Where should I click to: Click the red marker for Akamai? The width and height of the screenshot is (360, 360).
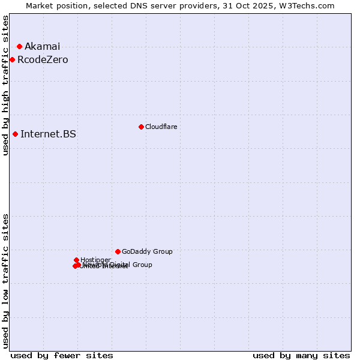(x=19, y=46)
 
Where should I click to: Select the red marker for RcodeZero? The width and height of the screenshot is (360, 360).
(x=12, y=59)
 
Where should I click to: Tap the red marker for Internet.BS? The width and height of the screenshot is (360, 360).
(x=15, y=134)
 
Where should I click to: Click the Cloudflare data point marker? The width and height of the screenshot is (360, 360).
(x=141, y=127)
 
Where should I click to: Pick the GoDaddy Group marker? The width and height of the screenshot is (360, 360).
(x=118, y=251)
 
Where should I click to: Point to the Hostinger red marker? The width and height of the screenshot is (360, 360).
(x=77, y=260)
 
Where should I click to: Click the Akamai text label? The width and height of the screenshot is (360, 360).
(x=42, y=46)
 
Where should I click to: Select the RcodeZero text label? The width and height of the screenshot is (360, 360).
(x=43, y=59)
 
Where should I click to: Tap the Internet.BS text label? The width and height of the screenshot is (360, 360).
(x=48, y=134)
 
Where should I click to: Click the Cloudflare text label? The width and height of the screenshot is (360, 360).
(x=161, y=127)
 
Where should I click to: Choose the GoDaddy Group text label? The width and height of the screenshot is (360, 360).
(x=147, y=251)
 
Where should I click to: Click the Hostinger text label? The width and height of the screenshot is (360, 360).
(x=95, y=260)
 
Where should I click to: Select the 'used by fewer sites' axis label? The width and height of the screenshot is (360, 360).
(x=62, y=355)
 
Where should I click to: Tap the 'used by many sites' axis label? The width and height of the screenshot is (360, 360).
(x=301, y=355)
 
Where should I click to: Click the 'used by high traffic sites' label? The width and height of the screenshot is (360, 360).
(x=6, y=85)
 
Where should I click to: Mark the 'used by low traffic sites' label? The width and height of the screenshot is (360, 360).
(x=6, y=281)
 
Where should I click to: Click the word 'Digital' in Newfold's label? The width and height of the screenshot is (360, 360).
(x=119, y=265)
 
